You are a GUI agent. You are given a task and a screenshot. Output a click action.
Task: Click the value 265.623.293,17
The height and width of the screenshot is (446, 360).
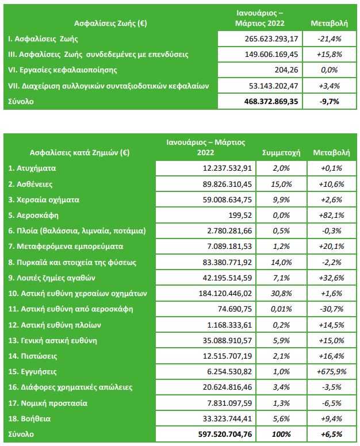coord(271,39)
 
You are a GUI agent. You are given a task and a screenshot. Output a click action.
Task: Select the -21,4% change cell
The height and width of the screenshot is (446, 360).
coord(330,39)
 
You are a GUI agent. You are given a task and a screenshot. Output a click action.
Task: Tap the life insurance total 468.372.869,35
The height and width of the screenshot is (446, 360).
coord(271,102)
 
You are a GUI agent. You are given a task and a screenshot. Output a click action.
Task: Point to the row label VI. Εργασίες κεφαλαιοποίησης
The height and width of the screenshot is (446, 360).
coord(63,70)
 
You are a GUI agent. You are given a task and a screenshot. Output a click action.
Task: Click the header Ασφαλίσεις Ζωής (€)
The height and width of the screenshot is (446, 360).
coord(110,23)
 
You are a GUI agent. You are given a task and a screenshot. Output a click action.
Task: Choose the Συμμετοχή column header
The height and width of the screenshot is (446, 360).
coord(281,153)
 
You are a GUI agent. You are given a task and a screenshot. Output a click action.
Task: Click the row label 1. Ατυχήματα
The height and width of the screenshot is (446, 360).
coord(32,168)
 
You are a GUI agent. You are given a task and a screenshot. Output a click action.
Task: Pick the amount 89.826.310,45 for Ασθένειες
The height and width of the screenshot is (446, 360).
coord(227,184)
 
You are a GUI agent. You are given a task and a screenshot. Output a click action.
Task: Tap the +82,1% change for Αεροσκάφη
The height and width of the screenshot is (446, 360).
coord(332,216)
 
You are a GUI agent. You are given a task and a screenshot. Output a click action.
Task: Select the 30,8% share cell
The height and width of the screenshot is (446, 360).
coord(281,293)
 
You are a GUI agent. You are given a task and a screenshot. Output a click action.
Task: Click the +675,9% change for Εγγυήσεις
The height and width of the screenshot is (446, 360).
coord(332,372)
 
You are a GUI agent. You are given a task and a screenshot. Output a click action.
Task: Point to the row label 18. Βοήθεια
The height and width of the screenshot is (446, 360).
coord(29,418)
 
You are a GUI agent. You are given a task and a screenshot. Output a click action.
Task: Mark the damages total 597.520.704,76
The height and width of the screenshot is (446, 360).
coord(225,435)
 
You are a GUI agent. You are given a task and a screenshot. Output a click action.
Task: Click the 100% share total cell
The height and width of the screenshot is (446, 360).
coord(281,435)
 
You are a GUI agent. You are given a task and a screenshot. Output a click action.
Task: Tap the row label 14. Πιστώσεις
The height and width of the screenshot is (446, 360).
coord(32,356)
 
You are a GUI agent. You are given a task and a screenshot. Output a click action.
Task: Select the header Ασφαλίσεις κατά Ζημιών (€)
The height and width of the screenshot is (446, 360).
coord(80,153)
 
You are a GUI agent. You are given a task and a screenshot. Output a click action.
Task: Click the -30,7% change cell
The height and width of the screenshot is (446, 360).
coord(332,309)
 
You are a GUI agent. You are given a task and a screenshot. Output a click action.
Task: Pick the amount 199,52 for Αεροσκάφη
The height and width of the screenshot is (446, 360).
coord(240,216)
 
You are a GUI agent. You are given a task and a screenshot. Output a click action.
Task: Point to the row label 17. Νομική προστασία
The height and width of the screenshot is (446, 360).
coord(48,403)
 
